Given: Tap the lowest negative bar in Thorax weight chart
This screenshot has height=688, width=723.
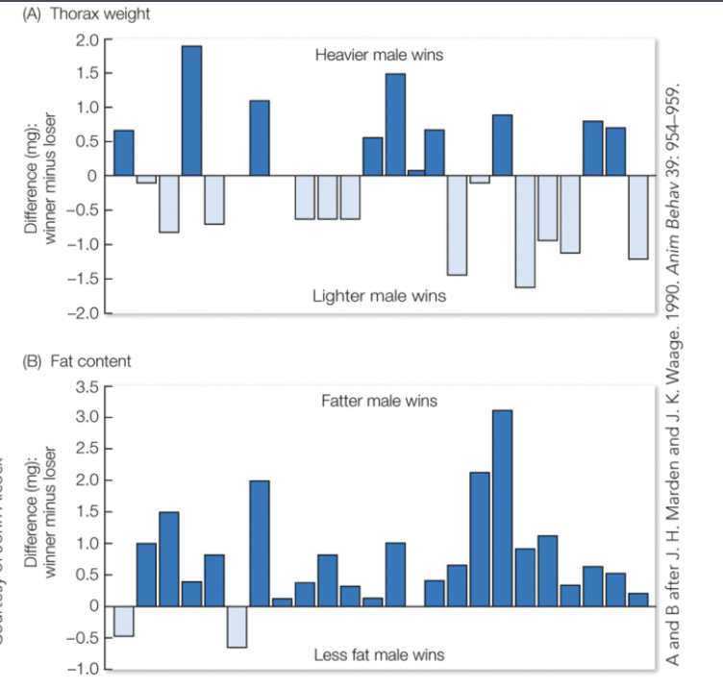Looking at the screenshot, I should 525,232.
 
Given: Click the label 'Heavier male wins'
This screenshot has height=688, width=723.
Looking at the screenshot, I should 379,55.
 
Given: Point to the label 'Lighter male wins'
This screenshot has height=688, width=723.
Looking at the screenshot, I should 379,296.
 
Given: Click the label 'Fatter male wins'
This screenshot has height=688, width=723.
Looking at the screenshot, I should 379,400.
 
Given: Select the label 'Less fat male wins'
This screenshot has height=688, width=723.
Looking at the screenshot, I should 379,655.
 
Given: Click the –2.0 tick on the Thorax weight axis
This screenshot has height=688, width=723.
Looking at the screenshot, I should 83,313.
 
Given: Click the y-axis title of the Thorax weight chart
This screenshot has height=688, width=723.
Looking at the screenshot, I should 39,175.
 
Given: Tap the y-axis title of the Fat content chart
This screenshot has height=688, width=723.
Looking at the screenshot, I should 39,526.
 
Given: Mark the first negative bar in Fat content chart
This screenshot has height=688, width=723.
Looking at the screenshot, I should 124,621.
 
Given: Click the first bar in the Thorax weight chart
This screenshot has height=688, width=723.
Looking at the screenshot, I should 124,153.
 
